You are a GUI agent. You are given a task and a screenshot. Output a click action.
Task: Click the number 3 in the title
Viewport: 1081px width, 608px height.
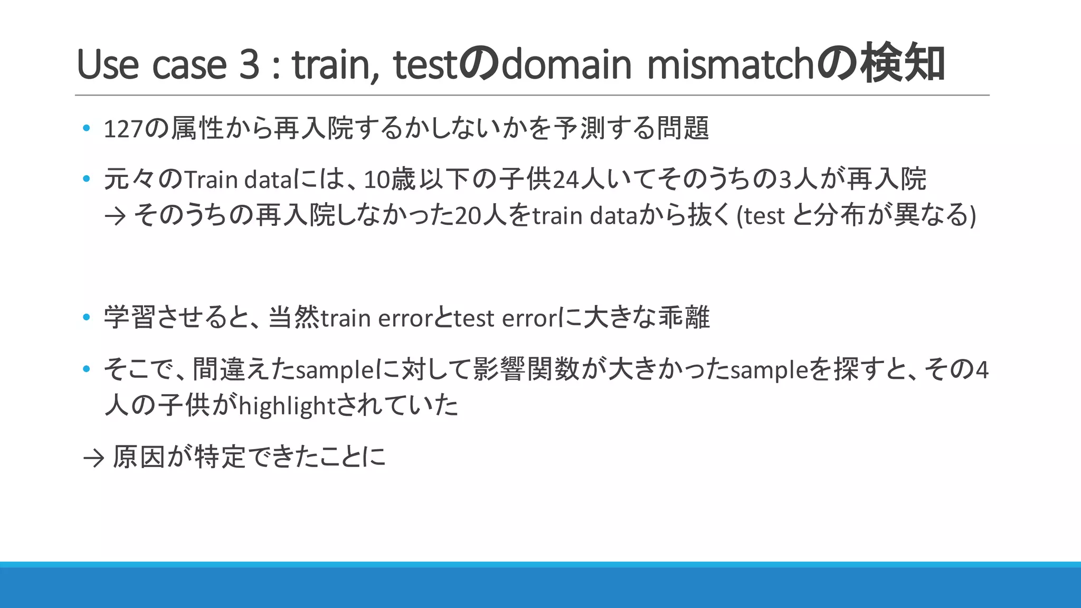coord(249,65)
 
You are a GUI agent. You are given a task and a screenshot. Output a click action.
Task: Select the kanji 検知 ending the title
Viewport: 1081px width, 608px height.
coord(903,64)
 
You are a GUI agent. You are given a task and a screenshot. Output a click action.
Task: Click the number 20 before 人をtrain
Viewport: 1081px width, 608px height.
coord(468,216)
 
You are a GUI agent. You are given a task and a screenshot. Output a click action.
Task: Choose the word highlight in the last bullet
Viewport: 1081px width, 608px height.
coord(287,406)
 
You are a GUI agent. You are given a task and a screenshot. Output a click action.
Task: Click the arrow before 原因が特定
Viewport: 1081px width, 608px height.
coord(94,458)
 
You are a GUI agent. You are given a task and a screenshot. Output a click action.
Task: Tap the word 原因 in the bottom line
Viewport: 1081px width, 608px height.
coord(139,457)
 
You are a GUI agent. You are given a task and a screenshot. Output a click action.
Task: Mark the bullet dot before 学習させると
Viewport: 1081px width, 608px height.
coord(87,318)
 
